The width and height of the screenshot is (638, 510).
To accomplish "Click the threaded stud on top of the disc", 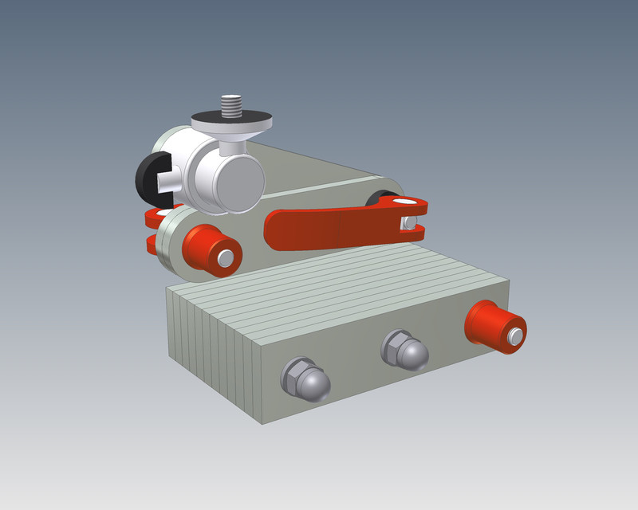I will tap(231, 104).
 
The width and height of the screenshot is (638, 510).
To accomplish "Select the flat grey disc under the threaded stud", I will tap(231, 123).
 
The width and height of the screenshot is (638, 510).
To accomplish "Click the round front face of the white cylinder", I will tap(237, 182).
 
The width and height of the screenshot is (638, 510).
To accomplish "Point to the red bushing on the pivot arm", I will tap(207, 249).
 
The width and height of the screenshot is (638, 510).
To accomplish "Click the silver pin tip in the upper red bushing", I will tap(226, 258).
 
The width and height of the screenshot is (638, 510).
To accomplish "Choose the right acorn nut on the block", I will tap(406, 348).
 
